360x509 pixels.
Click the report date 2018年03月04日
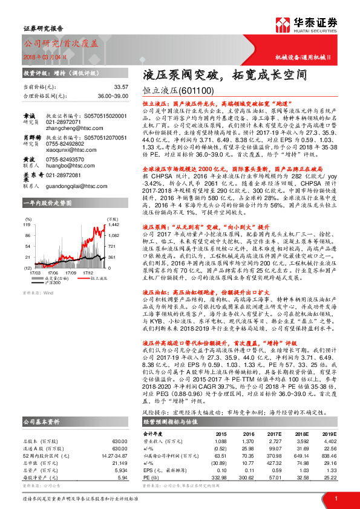click(43, 56)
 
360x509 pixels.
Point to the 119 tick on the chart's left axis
click(27, 224)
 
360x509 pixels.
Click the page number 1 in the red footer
click(335, 499)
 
